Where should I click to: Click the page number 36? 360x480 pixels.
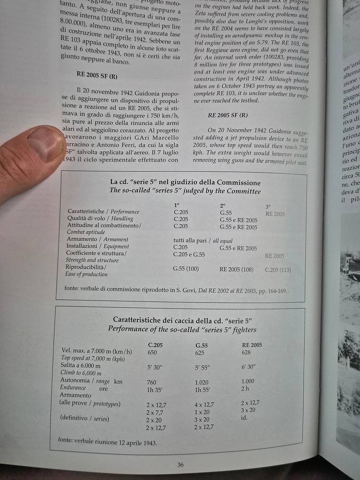(x=180, y=464)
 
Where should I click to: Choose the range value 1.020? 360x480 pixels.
(x=204, y=382)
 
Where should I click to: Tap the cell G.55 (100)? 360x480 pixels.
(x=186, y=269)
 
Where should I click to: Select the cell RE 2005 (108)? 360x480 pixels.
(x=237, y=270)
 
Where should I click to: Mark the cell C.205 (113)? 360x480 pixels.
(x=278, y=270)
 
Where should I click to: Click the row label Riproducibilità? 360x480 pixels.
(x=86, y=267)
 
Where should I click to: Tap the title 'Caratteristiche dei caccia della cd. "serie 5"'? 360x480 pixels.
(x=183, y=320)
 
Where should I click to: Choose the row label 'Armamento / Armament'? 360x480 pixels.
(x=98, y=239)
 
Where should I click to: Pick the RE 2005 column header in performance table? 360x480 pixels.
(x=252, y=345)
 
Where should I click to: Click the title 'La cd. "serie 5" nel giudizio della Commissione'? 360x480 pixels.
(x=185, y=182)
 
